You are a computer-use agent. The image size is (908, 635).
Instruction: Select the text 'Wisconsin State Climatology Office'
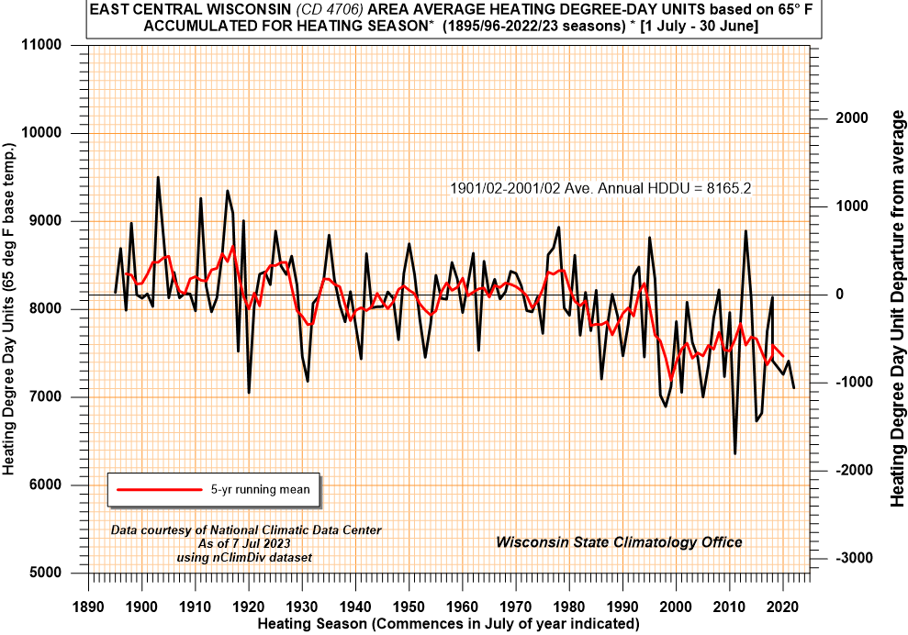point(619,542)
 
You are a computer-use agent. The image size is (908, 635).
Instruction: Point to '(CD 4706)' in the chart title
point(314,9)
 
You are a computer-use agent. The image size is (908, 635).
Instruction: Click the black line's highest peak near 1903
point(158,177)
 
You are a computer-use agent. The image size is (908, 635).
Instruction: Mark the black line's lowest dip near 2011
point(734,453)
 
